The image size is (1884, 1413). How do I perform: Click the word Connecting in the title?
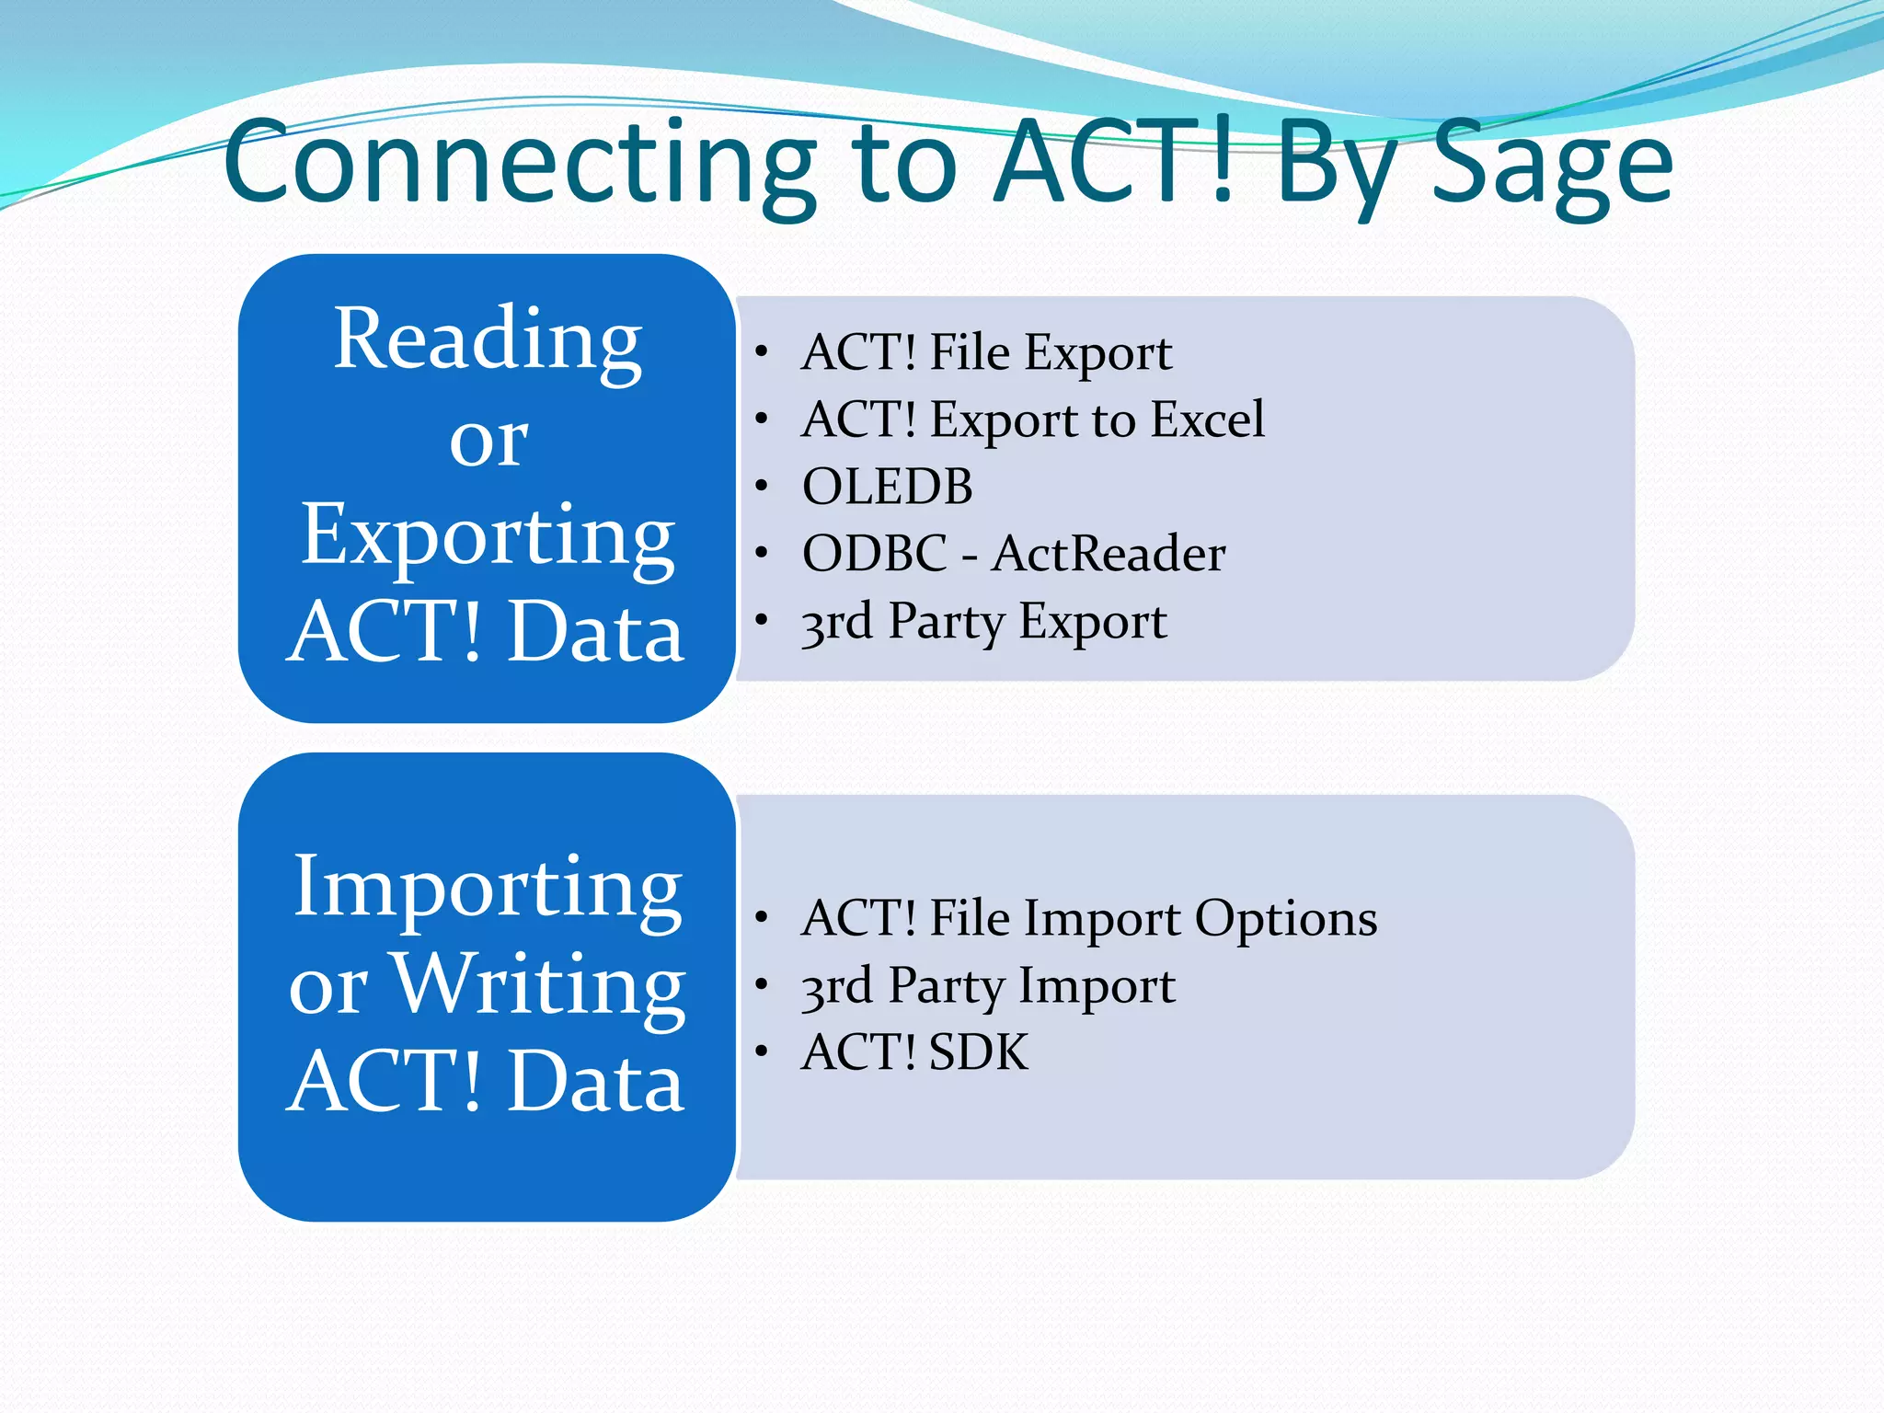(520, 164)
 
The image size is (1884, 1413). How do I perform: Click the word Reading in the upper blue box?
(488, 340)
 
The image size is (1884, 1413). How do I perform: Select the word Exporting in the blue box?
(488, 536)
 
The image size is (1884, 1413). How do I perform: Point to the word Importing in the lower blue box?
(488, 888)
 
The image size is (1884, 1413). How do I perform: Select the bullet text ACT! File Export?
(986, 352)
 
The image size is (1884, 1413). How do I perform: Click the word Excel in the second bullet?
(1208, 419)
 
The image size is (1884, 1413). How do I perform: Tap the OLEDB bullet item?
(887, 486)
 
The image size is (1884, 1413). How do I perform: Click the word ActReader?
(1109, 554)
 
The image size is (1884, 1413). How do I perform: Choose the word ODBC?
(874, 554)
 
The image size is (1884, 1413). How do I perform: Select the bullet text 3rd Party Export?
(983, 622)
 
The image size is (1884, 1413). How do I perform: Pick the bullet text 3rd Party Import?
(988, 986)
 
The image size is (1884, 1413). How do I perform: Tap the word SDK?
(979, 1052)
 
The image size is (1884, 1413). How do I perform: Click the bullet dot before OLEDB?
(761, 485)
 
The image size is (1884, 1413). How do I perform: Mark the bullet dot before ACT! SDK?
(761, 1051)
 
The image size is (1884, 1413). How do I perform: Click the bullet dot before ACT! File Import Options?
(761, 917)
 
